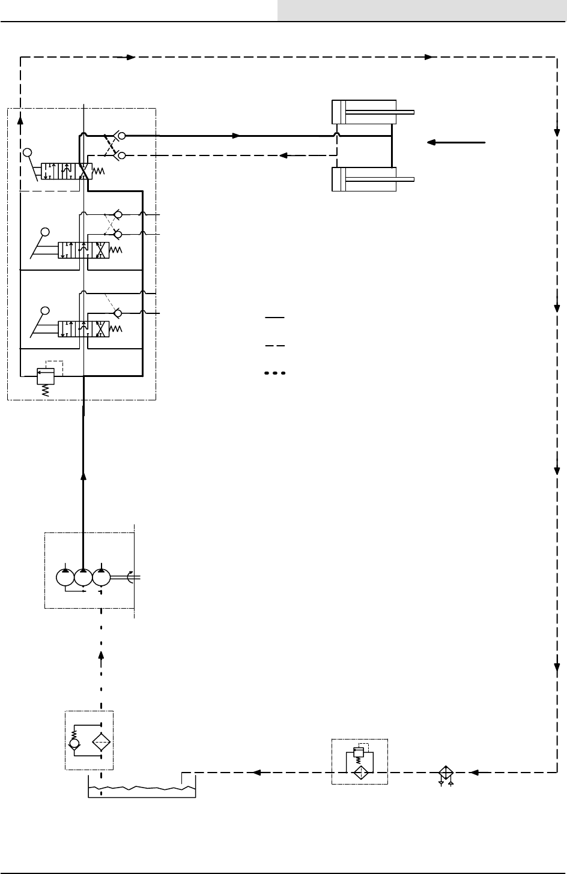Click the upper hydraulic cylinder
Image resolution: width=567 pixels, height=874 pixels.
pyautogui.click(x=364, y=112)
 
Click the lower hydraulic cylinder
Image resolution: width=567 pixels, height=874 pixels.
pyautogui.click(x=364, y=179)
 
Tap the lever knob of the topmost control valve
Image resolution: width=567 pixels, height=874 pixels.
pyautogui.click(x=26, y=152)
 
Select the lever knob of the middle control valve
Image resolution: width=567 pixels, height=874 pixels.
pyautogui.click(x=44, y=232)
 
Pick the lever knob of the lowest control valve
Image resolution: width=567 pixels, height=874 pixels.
pyautogui.click(x=44, y=310)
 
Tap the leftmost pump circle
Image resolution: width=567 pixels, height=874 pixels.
pyautogui.click(x=65, y=577)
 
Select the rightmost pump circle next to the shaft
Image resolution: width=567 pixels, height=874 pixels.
pyautogui.click(x=102, y=577)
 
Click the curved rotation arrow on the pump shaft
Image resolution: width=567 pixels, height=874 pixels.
pyautogui.click(x=132, y=577)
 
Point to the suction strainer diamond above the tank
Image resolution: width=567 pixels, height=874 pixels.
pyautogui.click(x=101, y=741)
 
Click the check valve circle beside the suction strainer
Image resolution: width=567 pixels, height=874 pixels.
pyautogui.click(x=74, y=744)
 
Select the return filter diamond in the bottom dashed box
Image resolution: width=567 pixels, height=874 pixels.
pyautogui.click(x=360, y=773)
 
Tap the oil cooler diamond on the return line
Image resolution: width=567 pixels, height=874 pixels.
pyautogui.click(x=446, y=773)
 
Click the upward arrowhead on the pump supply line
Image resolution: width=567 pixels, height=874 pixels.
pyautogui.click(x=83, y=475)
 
